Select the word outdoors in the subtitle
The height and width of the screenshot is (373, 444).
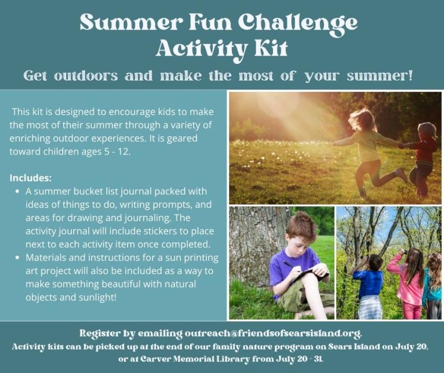pyautogui.click(x=86, y=76)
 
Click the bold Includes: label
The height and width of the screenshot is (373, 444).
pyautogui.click(x=31, y=178)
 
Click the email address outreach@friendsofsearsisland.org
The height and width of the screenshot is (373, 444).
pyautogui.click(x=273, y=333)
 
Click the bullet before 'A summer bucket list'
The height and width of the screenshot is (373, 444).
pyautogui.click(x=18, y=191)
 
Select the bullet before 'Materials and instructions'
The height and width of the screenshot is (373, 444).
pyautogui.click(x=18, y=258)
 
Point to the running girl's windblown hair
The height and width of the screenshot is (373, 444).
pyautogui.click(x=361, y=119)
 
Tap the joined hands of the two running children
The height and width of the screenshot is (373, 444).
pyautogui.click(x=401, y=146)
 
